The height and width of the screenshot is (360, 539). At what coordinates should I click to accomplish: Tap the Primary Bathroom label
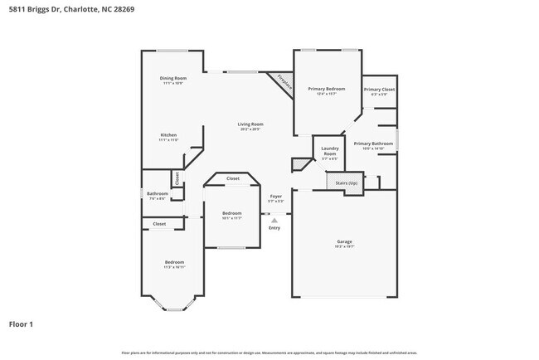372,144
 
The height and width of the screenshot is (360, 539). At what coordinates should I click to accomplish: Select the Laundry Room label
329,152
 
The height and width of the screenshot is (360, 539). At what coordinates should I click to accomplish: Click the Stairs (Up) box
346,182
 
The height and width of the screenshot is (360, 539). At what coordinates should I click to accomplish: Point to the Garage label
343,241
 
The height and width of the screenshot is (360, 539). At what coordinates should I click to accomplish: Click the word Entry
274,227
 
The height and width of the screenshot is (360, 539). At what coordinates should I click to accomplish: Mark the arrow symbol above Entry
274,220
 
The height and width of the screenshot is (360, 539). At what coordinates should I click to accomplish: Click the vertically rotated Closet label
176,178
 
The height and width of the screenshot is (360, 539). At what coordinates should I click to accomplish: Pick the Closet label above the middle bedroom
233,178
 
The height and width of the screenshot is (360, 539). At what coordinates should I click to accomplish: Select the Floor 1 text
22,324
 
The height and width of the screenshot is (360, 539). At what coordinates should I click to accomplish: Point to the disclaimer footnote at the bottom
269,353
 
